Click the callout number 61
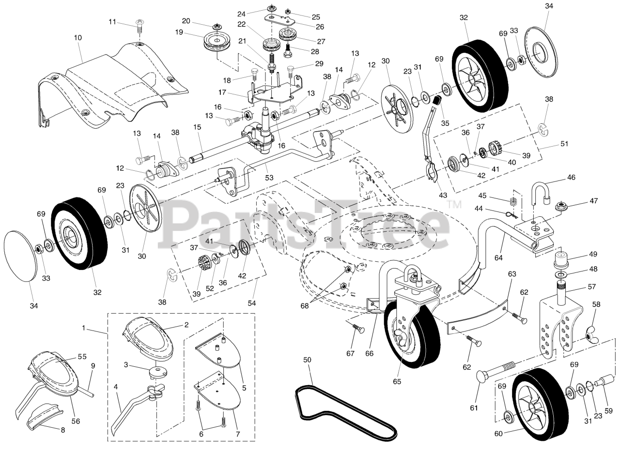click(474, 408)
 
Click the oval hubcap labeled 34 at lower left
click(20, 255)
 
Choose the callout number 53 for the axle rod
click(269, 178)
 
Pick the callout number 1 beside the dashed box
click(83, 328)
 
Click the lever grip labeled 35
click(437, 102)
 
